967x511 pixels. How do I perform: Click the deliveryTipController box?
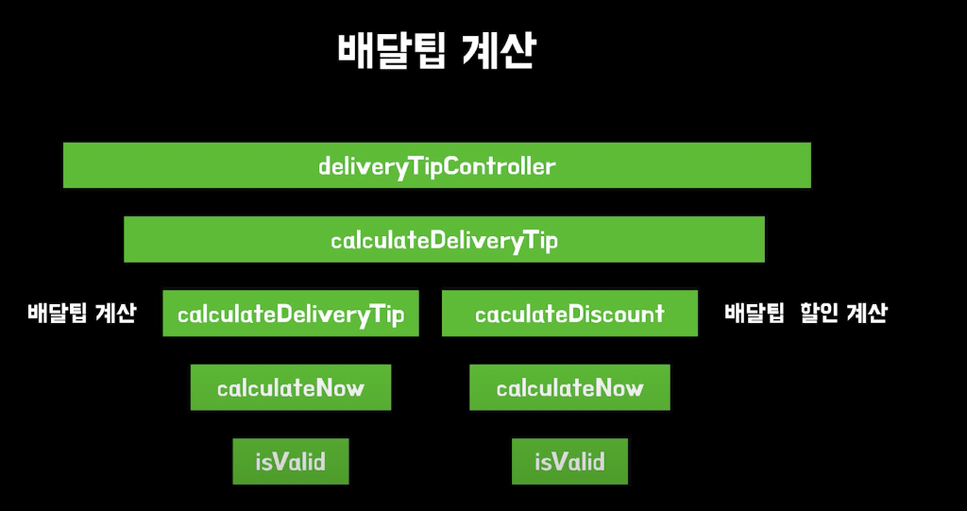tap(436, 166)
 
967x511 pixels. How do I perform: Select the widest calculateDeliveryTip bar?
tap(444, 240)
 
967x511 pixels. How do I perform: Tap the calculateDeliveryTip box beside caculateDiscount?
tap(290, 314)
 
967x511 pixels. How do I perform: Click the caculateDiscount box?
tap(569, 314)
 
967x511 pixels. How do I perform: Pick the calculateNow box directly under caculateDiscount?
tap(569, 387)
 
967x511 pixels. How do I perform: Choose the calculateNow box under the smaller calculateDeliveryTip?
tap(290, 387)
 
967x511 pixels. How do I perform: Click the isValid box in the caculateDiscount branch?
tap(569, 462)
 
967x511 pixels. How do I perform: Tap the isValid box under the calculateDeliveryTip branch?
tap(290, 462)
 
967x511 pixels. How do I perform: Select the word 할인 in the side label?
tap(817, 314)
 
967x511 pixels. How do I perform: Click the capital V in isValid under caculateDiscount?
tap(555, 462)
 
